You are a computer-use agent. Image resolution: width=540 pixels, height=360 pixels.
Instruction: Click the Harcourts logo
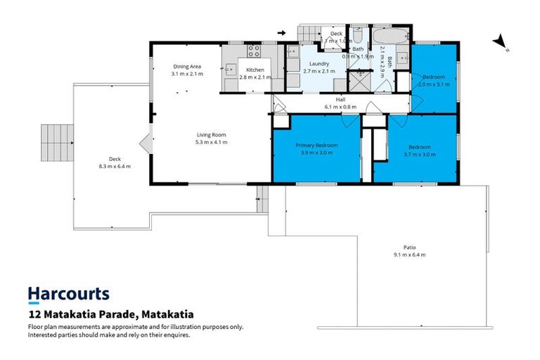(x=68, y=294)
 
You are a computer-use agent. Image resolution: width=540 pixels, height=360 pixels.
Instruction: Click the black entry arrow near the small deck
(x=282, y=32)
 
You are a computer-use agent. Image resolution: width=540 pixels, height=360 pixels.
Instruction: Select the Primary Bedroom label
(x=316, y=145)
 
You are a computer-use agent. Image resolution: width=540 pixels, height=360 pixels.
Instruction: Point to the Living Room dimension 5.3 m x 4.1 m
(x=211, y=142)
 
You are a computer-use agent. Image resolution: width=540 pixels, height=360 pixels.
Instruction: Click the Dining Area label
(x=186, y=66)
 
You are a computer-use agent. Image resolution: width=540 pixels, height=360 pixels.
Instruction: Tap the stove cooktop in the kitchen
(x=253, y=50)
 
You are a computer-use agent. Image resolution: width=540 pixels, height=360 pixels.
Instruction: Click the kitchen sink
(x=230, y=70)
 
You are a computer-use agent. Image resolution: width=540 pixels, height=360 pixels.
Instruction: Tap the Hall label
(x=340, y=100)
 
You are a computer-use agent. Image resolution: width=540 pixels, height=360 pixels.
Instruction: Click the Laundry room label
(x=316, y=63)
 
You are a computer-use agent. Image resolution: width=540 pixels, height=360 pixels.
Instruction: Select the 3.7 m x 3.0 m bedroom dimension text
(x=420, y=155)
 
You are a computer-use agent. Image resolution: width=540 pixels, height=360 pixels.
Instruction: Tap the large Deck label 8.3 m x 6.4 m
(x=115, y=162)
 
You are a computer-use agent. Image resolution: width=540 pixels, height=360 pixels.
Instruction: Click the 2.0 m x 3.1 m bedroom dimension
(x=433, y=83)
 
